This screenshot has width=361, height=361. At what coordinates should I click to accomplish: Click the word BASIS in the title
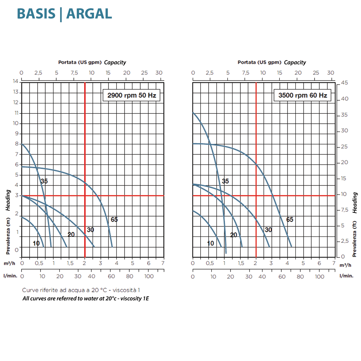click(x=36, y=14)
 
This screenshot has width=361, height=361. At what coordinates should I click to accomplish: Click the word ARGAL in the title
click(x=89, y=14)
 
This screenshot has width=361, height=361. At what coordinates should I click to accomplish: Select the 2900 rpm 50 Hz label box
click(x=132, y=95)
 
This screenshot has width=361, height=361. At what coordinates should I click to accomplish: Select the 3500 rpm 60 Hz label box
click(x=303, y=95)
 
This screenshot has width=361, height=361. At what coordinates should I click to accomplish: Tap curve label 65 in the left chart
click(x=114, y=219)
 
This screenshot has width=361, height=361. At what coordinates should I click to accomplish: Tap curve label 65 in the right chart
click(x=290, y=219)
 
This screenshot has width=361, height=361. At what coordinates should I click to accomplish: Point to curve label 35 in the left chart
click(x=44, y=181)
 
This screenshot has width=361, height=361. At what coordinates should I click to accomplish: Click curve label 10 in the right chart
click(x=210, y=243)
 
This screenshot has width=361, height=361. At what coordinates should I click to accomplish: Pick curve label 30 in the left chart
click(x=90, y=230)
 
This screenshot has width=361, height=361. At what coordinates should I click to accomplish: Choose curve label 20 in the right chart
click(x=234, y=235)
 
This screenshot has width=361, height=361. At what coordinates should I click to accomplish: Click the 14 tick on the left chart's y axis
click(x=16, y=81)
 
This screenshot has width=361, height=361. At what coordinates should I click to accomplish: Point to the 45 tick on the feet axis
click(x=344, y=83)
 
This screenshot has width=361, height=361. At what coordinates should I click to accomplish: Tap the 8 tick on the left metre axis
click(x=17, y=144)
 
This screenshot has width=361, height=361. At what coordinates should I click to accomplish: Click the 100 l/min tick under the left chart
click(x=149, y=276)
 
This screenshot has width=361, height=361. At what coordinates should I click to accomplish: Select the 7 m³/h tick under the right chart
click(x=334, y=263)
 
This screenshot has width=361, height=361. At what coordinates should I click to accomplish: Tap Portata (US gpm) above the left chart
click(x=80, y=62)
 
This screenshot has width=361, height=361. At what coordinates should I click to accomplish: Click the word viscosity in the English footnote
click(x=131, y=298)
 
